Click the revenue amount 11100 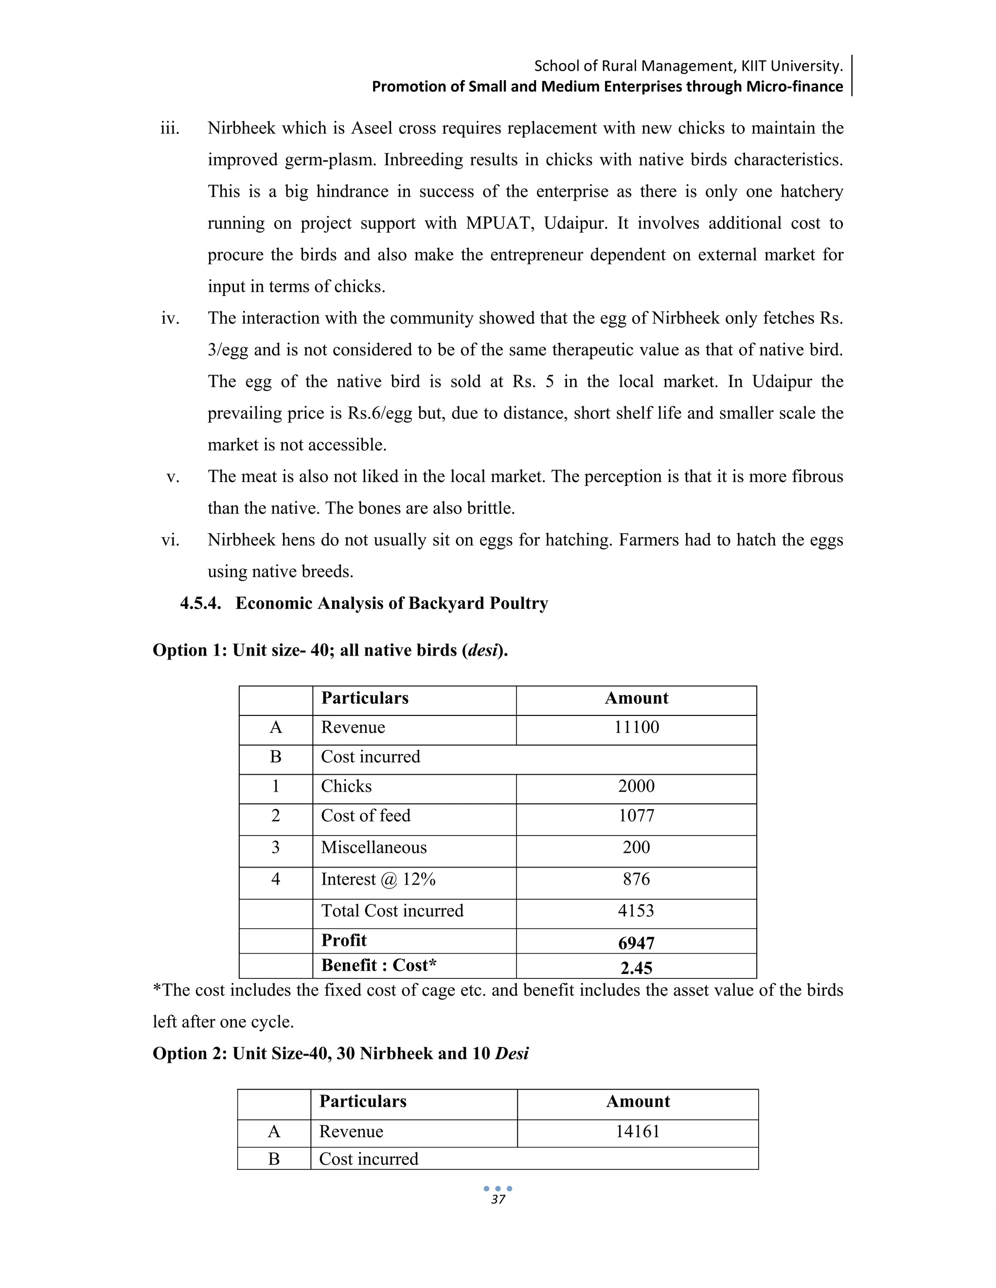(636, 727)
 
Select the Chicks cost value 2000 (636, 786)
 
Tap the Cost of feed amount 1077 (636, 816)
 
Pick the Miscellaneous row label (373, 848)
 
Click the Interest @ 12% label (377, 879)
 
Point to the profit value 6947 (636, 943)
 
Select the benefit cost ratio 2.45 (636, 968)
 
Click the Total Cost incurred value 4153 (636, 910)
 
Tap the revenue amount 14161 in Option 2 (637, 1131)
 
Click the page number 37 (498, 1200)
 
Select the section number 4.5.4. (201, 603)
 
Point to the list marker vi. (170, 540)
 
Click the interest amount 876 (636, 879)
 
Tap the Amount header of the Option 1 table (636, 698)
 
